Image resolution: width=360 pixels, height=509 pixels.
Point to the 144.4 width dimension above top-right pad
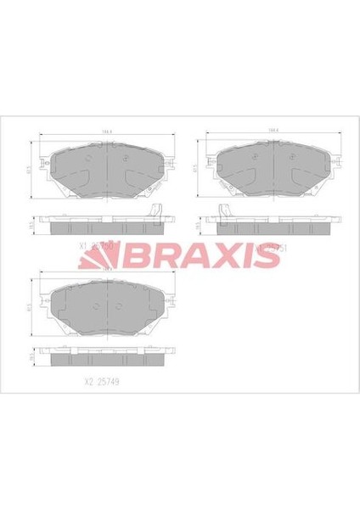pyautogui.click(x=273, y=131)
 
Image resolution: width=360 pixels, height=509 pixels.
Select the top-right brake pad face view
pyautogui.click(x=273, y=168)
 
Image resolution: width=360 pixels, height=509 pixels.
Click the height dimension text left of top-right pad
pyautogui.click(x=197, y=168)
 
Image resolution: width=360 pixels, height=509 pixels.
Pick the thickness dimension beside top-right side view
pyautogui.click(x=199, y=227)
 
